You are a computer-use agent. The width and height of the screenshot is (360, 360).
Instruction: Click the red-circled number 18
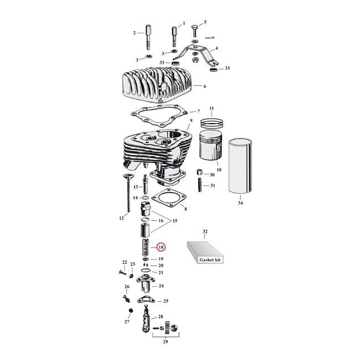point(161,247)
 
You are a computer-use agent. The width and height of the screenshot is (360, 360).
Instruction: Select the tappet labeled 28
point(146,322)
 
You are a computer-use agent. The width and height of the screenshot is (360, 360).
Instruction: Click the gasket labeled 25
point(146,301)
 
